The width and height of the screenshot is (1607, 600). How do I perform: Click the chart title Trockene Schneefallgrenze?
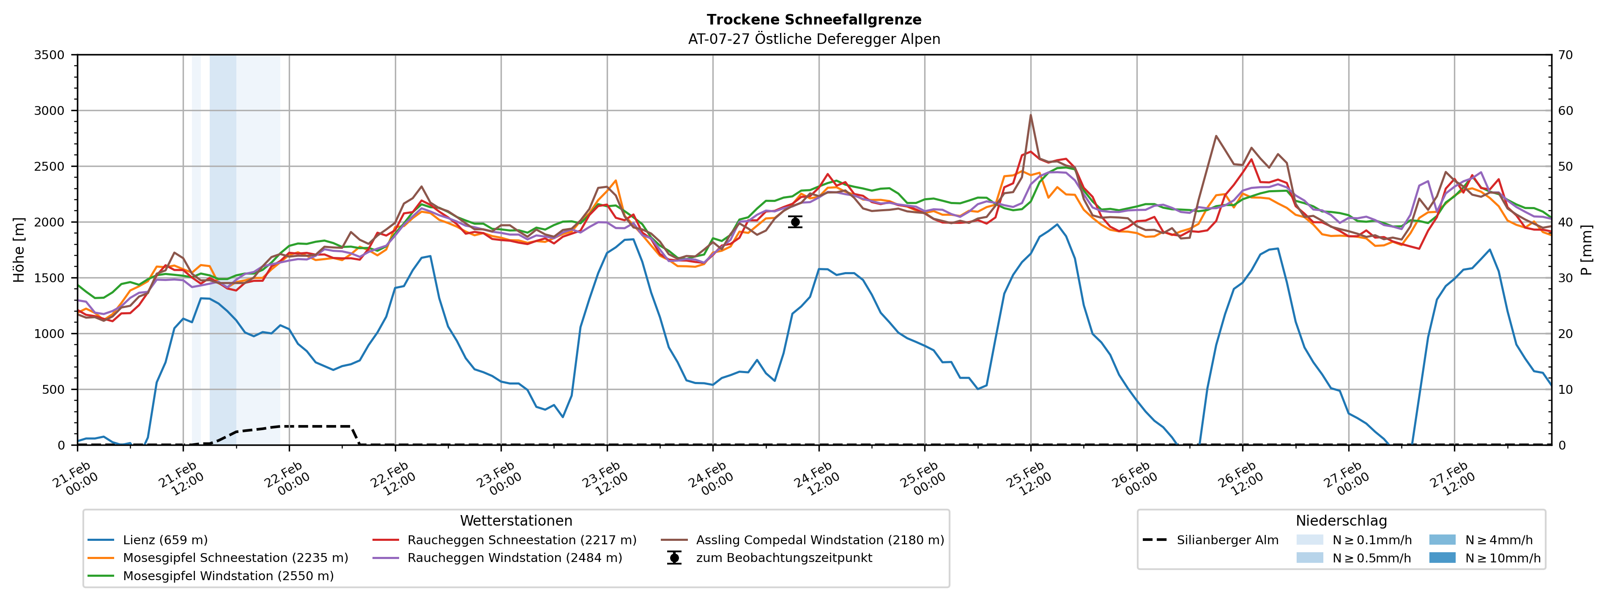click(813, 20)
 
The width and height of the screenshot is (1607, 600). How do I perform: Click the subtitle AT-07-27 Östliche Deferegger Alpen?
click(813, 39)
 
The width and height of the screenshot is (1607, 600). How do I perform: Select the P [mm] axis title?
click(1586, 249)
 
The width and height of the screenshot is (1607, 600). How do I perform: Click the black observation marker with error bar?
click(795, 222)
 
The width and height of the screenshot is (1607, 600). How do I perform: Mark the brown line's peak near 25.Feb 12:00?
click(1031, 115)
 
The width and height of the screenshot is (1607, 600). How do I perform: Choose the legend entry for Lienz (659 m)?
click(165, 540)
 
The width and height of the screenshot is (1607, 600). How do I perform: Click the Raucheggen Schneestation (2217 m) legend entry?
click(522, 540)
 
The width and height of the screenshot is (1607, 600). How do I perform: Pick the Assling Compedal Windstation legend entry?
click(820, 540)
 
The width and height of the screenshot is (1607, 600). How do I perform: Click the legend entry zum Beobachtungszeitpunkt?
click(783, 558)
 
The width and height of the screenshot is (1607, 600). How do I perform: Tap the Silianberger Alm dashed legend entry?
click(1227, 540)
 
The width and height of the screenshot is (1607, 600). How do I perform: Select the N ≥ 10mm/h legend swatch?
click(1442, 558)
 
